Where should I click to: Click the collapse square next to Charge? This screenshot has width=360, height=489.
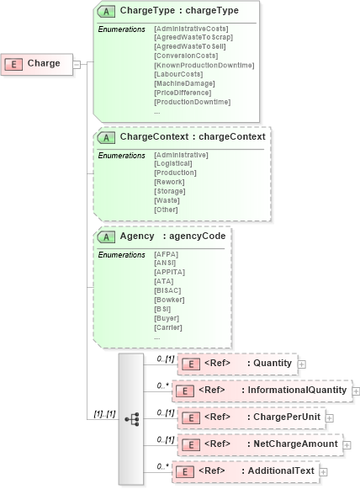pos(77,63)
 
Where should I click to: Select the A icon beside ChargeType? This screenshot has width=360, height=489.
pos(107,11)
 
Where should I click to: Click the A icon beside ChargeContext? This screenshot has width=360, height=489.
pos(107,136)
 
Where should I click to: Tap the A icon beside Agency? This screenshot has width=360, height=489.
pos(107,237)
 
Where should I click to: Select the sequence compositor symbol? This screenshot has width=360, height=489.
pos(131,418)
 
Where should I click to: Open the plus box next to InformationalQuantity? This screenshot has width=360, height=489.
pos(356,391)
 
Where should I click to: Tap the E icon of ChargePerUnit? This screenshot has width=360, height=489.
pos(190,417)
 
